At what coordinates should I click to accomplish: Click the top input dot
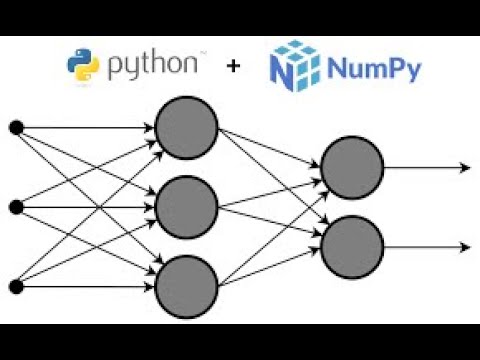click(x=15, y=127)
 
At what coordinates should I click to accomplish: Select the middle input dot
click(x=15, y=207)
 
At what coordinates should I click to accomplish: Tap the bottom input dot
click(x=15, y=287)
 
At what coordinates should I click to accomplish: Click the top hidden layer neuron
click(x=186, y=127)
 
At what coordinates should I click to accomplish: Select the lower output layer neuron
click(x=352, y=246)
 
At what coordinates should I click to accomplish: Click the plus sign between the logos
click(x=234, y=67)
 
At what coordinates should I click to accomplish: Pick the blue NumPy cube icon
click(x=292, y=66)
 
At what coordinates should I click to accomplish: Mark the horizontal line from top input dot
click(x=85, y=127)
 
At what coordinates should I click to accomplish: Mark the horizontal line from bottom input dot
click(x=85, y=287)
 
